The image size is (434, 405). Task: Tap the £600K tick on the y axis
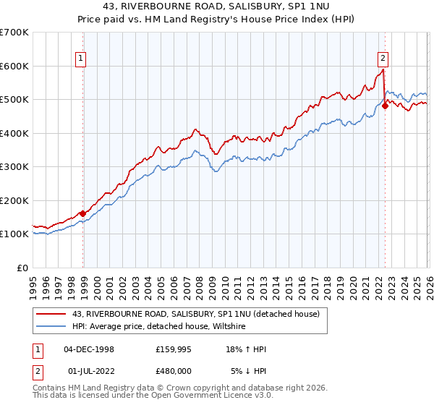(x=14, y=66)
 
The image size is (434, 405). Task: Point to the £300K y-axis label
(x=14, y=167)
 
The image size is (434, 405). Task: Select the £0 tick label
(x=23, y=268)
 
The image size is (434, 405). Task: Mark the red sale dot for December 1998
(x=82, y=213)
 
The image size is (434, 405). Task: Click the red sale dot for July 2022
(x=385, y=106)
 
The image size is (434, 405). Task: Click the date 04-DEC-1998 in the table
(x=89, y=349)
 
